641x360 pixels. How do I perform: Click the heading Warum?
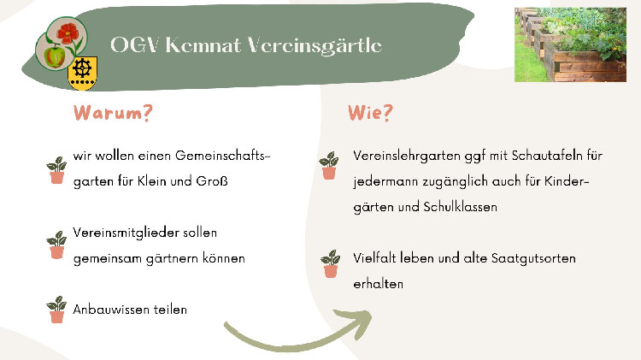pos(113,113)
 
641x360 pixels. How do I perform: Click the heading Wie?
pos(370,113)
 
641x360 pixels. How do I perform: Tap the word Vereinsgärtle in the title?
pos(315,46)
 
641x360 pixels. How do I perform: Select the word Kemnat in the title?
pos(203,45)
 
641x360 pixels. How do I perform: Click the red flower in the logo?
pos(68,33)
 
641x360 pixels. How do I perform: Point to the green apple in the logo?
pos(52,56)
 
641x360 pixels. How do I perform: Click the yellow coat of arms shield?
pos(83,74)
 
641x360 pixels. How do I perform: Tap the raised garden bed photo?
pos(570,44)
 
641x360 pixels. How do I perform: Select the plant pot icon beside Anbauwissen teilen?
pos(56,310)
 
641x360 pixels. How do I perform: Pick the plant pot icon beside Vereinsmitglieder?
pos(56,245)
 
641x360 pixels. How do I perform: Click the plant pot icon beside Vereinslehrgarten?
pos(329,166)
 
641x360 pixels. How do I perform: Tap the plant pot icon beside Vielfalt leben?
pos(330,264)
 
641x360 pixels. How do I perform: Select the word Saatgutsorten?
pos(533,258)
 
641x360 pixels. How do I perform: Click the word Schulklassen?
pos(461,207)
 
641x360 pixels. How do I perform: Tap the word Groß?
pos(212,180)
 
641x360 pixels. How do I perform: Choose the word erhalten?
pos(378,284)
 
